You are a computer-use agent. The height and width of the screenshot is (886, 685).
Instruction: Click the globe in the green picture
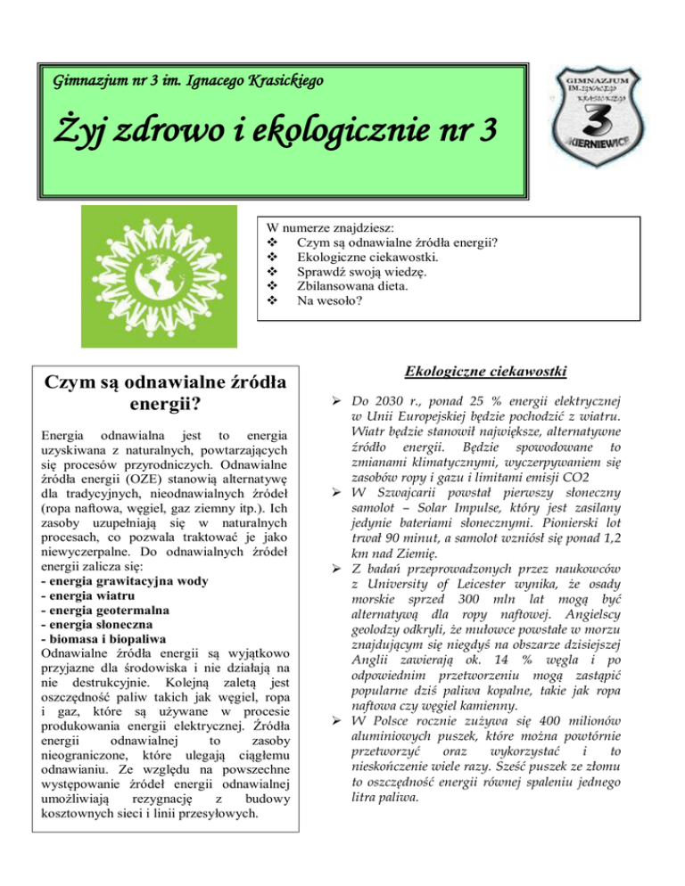159,277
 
